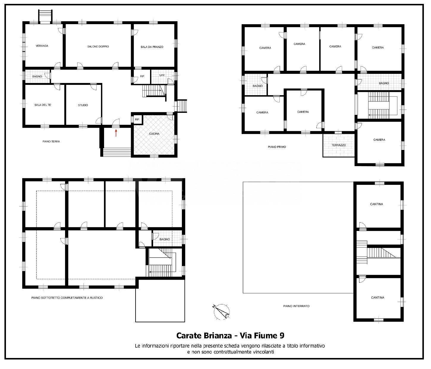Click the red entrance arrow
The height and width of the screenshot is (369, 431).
(116, 133)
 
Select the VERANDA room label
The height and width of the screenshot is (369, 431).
(42, 46)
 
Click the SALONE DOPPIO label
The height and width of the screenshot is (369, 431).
(98, 46)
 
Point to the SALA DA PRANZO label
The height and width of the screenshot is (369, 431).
(152, 47)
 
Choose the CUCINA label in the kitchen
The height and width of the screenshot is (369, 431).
(154, 134)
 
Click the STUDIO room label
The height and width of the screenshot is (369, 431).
(83, 105)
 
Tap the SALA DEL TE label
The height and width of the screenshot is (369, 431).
(43, 105)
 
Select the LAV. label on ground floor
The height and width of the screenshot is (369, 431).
(162, 75)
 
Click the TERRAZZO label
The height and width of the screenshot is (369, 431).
(339, 145)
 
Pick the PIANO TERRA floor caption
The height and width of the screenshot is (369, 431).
(51, 141)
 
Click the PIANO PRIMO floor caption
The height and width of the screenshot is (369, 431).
(277, 147)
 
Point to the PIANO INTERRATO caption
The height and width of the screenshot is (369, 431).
(296, 306)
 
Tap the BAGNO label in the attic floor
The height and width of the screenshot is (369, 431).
(164, 239)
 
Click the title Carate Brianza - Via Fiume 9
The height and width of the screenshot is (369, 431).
(230, 336)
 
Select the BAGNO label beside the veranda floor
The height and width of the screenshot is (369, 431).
(37, 76)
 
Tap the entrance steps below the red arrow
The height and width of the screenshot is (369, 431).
(117, 152)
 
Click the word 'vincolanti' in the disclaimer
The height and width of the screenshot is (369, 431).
(262, 352)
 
